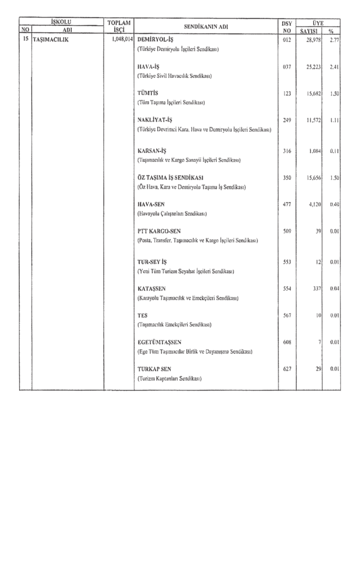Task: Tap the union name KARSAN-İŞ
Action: coord(151,150)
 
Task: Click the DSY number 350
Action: coord(286,178)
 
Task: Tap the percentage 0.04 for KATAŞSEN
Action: coord(332,289)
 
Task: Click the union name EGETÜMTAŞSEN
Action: coord(159,342)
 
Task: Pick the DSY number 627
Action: coord(286,368)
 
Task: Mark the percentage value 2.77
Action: coord(332,40)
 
